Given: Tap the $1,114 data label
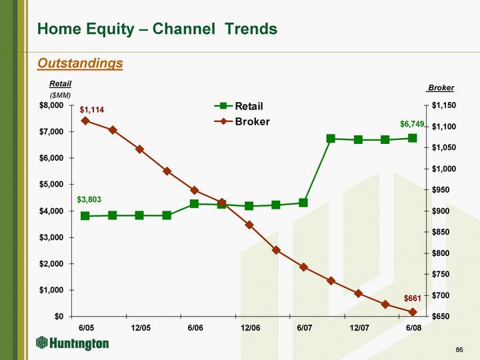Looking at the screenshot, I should coord(92,109).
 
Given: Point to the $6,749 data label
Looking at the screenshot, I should coord(412,124).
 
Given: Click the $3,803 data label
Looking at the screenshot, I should coord(89,199).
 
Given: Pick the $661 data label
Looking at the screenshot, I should coord(413,297).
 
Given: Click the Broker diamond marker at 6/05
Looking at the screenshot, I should coord(85,121).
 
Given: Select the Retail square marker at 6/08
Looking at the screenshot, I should coord(413,138).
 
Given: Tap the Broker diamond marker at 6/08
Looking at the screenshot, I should coord(413,312).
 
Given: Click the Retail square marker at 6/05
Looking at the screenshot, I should coord(85,216).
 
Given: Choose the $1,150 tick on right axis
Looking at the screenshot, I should coord(443,105).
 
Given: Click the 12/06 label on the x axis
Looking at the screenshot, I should coord(250,328).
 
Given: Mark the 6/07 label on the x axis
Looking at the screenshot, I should coord(305,328).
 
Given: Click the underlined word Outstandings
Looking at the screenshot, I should coord(81,63).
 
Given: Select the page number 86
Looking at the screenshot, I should coord(459,349).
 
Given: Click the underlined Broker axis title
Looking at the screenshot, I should coord(441,88).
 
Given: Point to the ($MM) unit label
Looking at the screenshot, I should coord(61,95).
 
